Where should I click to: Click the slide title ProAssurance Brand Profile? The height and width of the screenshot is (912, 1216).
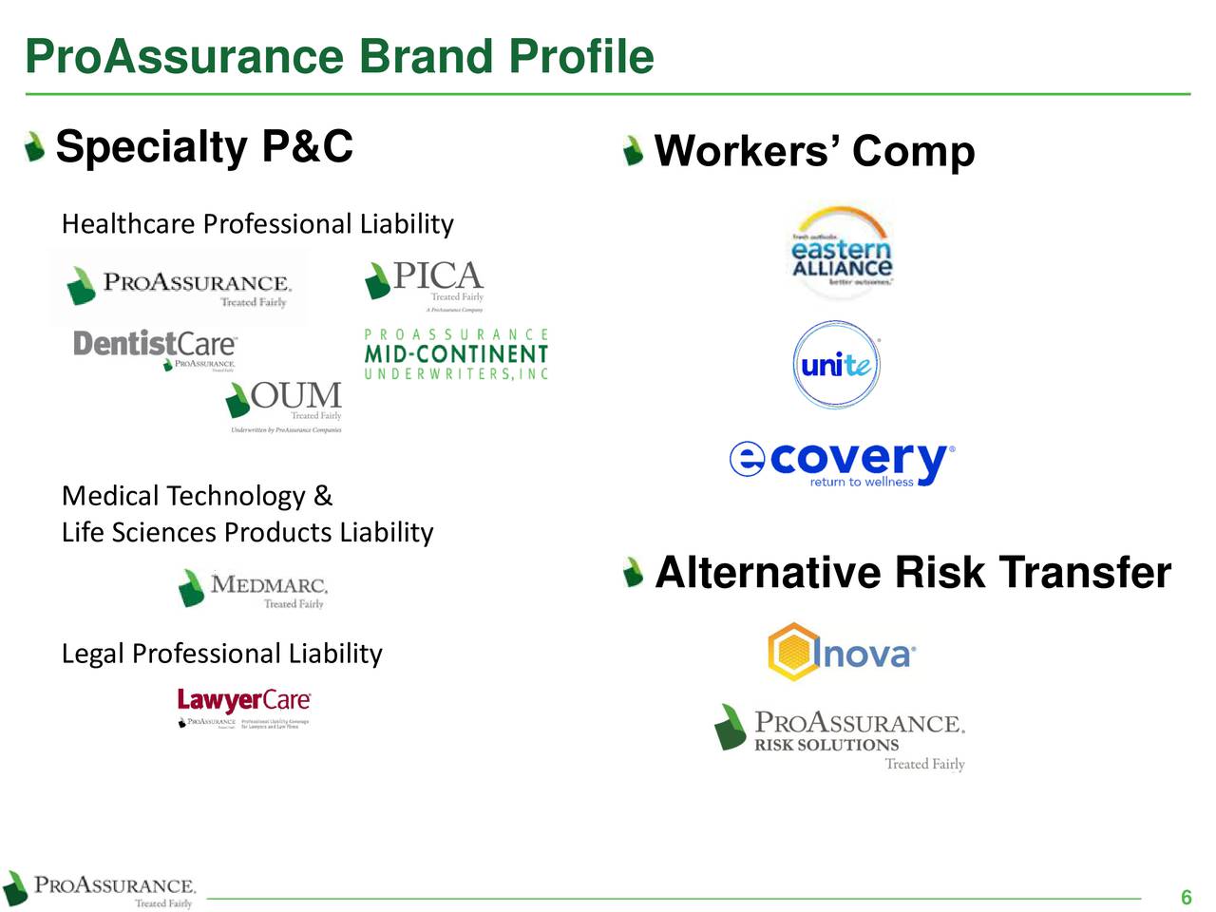point(339,57)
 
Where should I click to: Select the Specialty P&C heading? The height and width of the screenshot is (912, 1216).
point(204,147)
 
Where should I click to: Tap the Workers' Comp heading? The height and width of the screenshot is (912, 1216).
point(814,151)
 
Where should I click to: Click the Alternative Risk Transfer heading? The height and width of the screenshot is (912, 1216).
point(912,573)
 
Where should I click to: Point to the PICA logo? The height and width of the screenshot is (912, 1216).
point(426,284)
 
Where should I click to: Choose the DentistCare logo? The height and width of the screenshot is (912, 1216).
point(155,349)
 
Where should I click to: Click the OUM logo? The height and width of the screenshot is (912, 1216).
point(284,407)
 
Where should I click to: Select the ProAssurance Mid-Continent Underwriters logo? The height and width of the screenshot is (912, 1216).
point(456,354)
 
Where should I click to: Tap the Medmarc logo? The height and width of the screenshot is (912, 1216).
point(253,589)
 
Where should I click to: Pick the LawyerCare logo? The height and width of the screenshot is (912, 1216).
point(244,708)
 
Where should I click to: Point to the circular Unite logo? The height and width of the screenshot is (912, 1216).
point(836,365)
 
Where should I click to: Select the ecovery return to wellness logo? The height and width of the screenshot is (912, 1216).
point(842,463)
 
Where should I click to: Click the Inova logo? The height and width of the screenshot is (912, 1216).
point(842,653)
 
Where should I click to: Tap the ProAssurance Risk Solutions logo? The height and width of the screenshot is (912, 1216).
point(841,739)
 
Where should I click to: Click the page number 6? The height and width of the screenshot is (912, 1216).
point(1186,898)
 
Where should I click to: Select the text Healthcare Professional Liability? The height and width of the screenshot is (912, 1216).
point(257,224)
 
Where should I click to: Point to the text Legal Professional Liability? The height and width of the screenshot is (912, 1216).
point(221,654)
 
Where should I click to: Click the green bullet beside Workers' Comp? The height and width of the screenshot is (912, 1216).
point(633,150)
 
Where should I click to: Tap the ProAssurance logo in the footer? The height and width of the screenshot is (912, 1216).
point(100,890)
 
